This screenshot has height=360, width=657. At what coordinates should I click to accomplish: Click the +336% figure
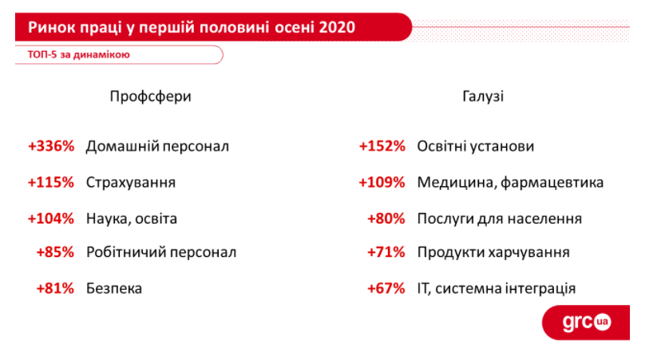click(x=51, y=146)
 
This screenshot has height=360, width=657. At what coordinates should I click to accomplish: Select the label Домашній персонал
click(x=157, y=146)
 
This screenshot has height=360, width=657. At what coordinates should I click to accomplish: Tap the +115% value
click(x=51, y=183)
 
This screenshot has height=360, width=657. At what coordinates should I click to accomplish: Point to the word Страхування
click(x=131, y=183)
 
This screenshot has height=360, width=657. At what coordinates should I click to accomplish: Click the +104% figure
click(x=51, y=219)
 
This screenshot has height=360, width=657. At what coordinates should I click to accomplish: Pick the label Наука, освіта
click(x=132, y=219)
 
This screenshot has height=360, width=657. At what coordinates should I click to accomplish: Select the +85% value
click(x=55, y=252)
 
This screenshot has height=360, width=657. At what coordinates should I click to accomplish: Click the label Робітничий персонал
click(x=161, y=252)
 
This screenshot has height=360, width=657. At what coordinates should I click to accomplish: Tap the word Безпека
click(x=114, y=288)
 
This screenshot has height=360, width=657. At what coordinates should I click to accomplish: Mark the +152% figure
click(x=382, y=146)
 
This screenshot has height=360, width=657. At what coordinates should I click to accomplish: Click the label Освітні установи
click(x=476, y=146)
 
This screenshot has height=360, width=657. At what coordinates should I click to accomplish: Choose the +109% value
click(x=382, y=183)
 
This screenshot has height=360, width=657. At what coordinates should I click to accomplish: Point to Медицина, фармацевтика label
click(x=510, y=183)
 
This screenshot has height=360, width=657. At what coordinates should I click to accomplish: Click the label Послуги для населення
click(x=500, y=219)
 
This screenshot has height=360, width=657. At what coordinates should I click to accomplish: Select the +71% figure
click(x=386, y=252)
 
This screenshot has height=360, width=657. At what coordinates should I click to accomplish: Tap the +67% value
click(x=386, y=288)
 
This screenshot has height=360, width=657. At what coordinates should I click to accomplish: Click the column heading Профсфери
click(x=150, y=97)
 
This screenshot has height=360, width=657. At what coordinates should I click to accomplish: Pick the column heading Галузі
click(x=483, y=97)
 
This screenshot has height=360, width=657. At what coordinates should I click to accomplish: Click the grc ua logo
click(x=586, y=322)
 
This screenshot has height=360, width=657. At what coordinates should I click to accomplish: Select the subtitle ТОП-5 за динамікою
click(x=79, y=54)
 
